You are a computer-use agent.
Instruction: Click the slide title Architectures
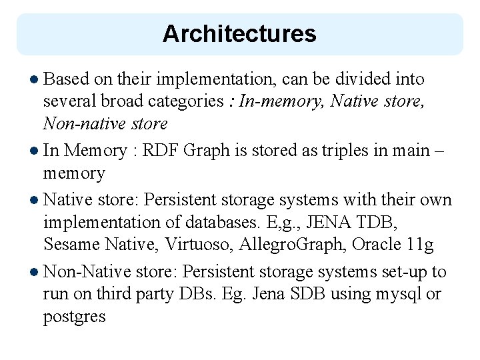(239, 34)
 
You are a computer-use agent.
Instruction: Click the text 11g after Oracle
(420, 245)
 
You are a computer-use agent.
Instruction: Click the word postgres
(74, 316)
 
